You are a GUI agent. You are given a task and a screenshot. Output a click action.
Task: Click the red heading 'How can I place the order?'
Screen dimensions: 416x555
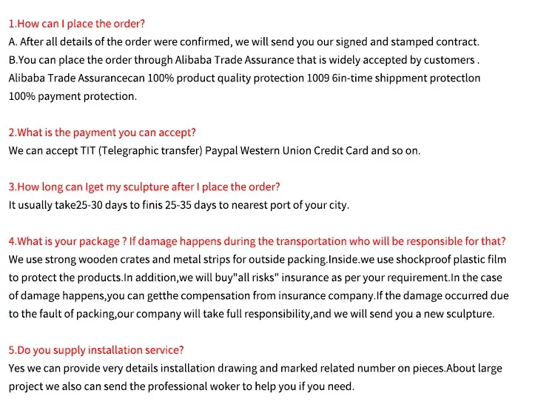[77, 24]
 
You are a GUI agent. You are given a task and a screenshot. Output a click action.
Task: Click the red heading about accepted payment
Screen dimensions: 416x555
[102, 132]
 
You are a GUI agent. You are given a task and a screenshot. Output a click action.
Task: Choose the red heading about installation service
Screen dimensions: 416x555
[96, 349]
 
